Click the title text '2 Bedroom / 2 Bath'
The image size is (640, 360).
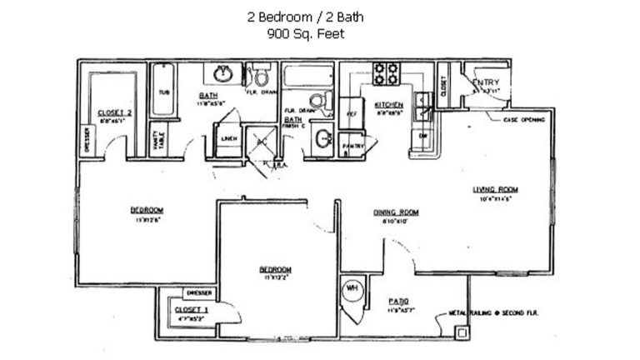[304, 16]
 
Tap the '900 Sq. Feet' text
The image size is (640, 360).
[304, 34]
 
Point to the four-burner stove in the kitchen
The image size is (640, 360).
[385, 73]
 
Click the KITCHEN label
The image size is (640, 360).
[388, 104]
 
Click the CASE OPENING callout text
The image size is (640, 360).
[524, 120]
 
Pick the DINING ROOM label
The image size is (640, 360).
[395, 212]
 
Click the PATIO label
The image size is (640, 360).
[398, 301]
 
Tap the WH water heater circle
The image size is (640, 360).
[352, 288]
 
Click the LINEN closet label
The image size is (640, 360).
[227, 139]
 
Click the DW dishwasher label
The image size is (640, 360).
[422, 135]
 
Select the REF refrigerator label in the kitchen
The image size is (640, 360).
[352, 112]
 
